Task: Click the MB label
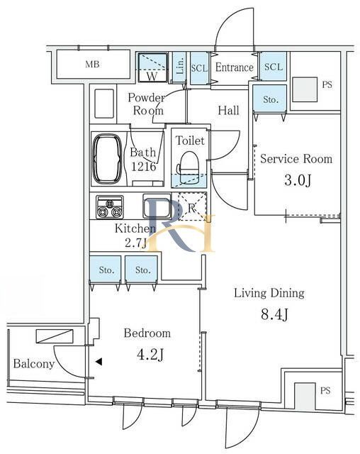[x=93, y=64]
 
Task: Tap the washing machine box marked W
[x=152, y=67]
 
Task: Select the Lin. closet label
[x=180, y=66]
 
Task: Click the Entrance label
[x=235, y=67]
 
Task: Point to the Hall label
[x=228, y=111]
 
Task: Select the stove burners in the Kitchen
[x=110, y=207]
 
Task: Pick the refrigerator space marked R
[x=192, y=206]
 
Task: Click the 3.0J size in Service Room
[x=298, y=180]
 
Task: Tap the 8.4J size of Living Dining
[x=274, y=314]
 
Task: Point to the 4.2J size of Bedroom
[x=150, y=355]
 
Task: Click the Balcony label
[x=34, y=364]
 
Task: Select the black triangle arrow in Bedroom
[x=99, y=361]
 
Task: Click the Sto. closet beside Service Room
[x=271, y=99]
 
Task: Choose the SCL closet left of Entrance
[x=199, y=68]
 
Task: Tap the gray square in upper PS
[x=305, y=89]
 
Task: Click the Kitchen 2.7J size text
[x=135, y=243]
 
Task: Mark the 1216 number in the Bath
[x=144, y=167]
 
